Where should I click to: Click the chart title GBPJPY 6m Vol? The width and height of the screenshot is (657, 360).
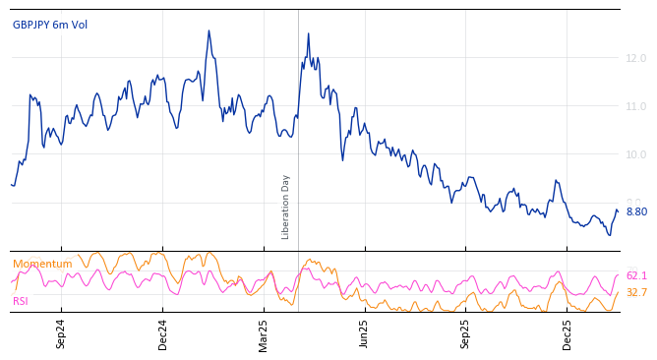pos(50,26)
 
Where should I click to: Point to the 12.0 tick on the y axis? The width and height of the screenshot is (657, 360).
pos(635,58)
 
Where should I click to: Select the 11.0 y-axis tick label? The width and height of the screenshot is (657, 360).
pos(635,106)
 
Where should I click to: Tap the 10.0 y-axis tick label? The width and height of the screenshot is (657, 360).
pos(635,154)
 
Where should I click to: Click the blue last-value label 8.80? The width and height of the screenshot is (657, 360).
pos(636,211)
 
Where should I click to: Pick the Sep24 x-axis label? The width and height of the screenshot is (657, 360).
pos(61,333)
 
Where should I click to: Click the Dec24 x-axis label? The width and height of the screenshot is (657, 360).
pos(163,333)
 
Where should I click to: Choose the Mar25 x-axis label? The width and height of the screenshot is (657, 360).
pos(264,333)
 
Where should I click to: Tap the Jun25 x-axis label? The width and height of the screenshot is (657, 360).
pos(364,333)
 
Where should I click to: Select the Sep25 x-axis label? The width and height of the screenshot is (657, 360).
pos(465,333)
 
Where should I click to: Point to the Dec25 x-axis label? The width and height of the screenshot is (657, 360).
pos(567,333)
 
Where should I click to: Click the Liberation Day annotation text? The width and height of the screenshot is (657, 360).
pos(286,207)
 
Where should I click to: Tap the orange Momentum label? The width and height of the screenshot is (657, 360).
pos(42,264)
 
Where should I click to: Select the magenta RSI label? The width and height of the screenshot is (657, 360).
pos(21,301)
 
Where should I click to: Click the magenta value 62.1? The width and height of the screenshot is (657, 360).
pos(636,276)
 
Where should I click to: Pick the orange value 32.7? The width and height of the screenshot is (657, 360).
pos(636,292)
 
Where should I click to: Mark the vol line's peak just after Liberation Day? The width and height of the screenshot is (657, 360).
pos(308,33)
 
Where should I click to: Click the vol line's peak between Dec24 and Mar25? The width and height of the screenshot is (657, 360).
pos(209,30)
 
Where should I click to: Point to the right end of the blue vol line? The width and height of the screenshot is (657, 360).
pos(618,210)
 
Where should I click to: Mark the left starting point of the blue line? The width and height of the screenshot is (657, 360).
pos(11,184)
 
